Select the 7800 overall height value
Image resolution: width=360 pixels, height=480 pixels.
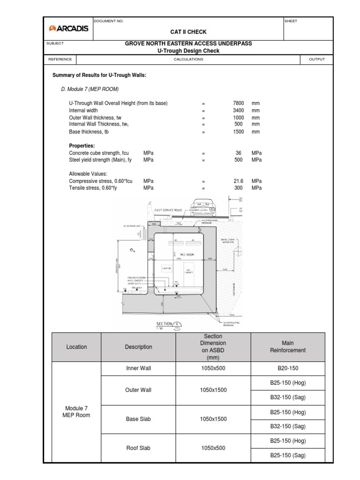click(239, 103)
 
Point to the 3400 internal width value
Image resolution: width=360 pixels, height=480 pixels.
click(239, 111)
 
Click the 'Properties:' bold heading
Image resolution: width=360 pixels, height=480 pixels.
click(82, 146)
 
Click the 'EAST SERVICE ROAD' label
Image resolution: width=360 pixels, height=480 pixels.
click(168, 210)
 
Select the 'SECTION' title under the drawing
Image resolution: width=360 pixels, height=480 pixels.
click(164, 324)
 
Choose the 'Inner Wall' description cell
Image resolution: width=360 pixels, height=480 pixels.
click(138, 368)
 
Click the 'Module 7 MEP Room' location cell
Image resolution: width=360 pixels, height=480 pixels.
click(76, 412)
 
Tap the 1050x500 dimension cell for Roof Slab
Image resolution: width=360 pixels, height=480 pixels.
click(213, 448)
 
